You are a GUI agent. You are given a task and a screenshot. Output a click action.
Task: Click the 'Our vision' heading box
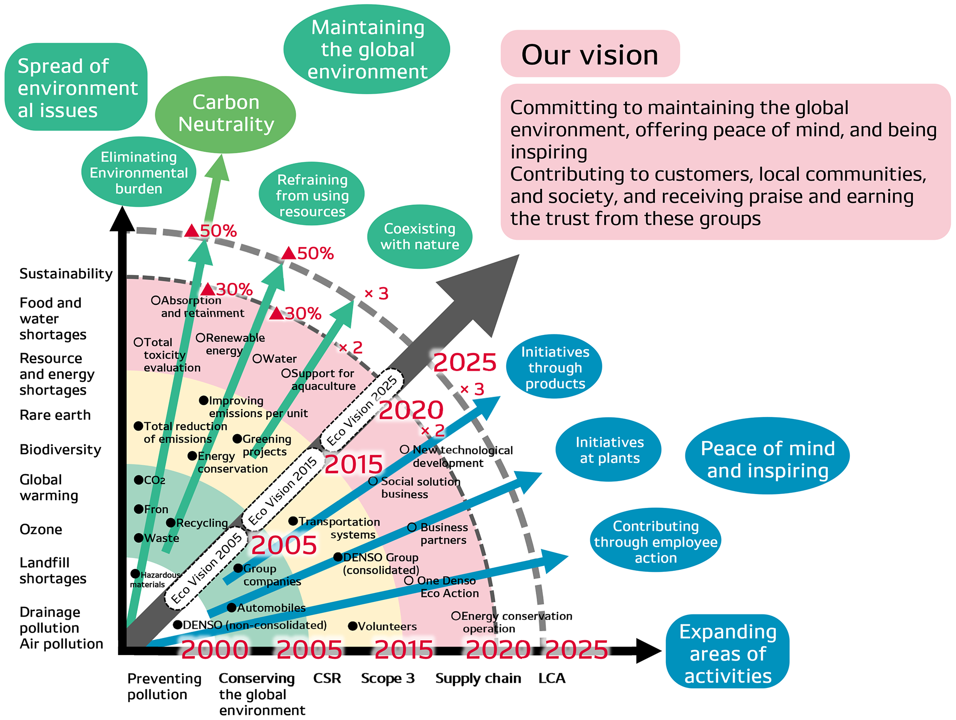coord(590,54)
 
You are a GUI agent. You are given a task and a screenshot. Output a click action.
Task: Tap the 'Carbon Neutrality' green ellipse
coord(226,114)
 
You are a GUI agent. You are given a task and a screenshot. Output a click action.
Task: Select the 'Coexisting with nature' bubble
coord(420,236)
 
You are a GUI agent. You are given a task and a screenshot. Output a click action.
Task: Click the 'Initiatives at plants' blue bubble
coord(609,450)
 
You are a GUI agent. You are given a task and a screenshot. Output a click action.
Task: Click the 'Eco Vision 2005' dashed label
coord(206,569)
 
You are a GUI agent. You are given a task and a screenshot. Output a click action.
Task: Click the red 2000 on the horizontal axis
coord(215,649)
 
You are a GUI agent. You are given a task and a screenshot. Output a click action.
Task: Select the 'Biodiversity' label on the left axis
coord(60,450)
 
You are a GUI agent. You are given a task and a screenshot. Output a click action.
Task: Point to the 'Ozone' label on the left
coord(41,529)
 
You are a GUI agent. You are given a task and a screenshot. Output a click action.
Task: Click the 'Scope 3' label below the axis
coord(388,678)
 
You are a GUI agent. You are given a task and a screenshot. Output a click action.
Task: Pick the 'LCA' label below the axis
coord(552,678)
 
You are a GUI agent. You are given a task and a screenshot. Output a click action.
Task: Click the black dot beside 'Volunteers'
coord(352,626)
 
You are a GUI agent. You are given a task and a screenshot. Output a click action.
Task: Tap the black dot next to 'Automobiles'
coord(231,608)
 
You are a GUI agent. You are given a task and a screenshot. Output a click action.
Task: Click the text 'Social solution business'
coord(416,488)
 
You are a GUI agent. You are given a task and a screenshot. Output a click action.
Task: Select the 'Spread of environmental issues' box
coord(76,87)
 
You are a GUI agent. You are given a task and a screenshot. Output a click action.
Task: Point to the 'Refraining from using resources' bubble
coord(312,195)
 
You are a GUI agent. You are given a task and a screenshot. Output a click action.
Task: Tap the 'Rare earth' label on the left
coord(55,415)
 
